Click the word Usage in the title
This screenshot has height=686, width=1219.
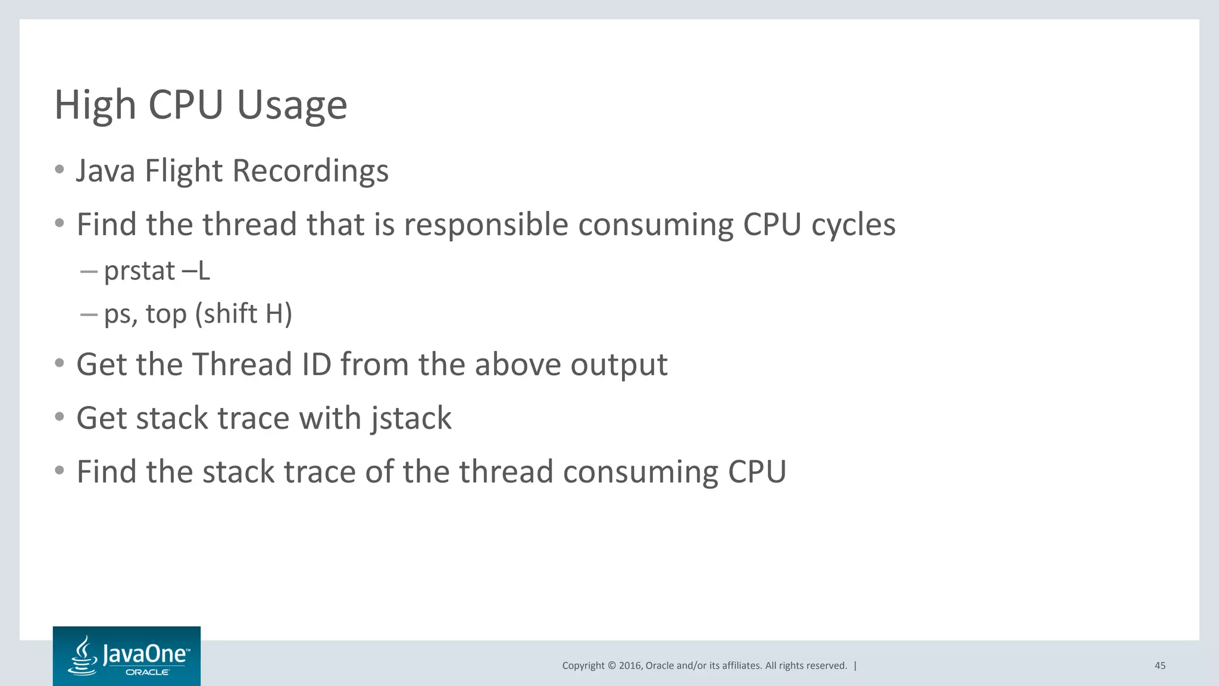(292, 105)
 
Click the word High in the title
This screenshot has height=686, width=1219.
(95, 105)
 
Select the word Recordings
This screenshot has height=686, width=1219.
(310, 171)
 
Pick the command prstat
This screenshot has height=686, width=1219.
(139, 272)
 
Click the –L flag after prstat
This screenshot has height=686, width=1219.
(196, 271)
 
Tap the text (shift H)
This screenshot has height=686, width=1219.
(243, 314)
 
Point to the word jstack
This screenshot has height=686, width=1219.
(411, 418)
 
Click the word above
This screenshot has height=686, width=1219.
(517, 364)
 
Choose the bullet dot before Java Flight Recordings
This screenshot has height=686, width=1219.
(59, 170)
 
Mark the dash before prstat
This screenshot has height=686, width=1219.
(89, 272)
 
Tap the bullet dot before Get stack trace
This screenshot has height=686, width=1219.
(59, 417)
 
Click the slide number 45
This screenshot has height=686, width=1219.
(1159, 666)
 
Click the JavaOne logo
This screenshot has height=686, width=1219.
(127, 656)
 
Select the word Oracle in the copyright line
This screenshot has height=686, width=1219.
(659, 666)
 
